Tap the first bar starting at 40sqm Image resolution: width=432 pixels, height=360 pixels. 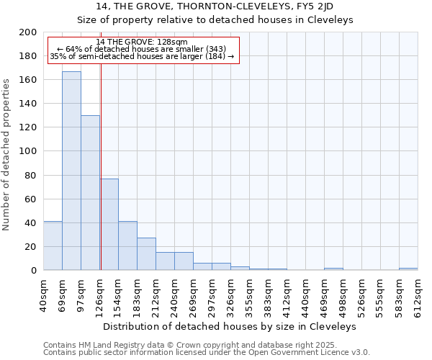click(53, 246)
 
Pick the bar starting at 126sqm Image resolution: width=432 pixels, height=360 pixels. click(109, 224)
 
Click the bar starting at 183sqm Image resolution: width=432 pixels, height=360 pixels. click(146, 253)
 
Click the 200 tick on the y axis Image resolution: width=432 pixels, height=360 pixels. click(28, 32)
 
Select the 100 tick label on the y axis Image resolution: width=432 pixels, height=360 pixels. click(28, 151)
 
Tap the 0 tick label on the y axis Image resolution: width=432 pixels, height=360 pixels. click(33, 270)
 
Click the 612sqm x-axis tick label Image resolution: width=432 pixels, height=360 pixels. click(418, 295)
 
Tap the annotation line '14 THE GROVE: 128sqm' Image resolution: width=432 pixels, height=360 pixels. click(142, 42)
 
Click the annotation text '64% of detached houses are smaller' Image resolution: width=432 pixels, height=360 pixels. click(142, 49)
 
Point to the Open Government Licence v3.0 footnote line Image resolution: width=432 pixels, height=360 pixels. click(207, 352)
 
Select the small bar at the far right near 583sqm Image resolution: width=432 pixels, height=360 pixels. click(408, 269)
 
